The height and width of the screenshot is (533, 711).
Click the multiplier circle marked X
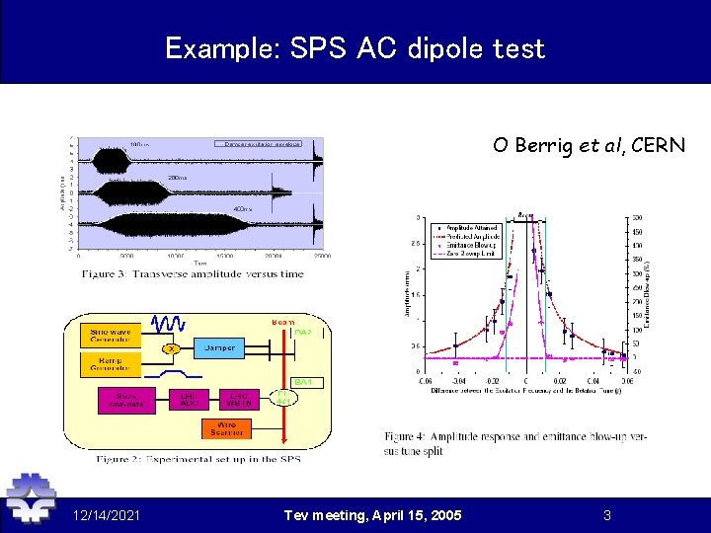(171, 347)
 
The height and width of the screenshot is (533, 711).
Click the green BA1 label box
(303, 381)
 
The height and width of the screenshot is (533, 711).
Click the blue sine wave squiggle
(169, 324)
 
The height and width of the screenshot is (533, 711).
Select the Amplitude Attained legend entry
(472, 228)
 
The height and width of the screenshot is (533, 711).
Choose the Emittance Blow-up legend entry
(472, 245)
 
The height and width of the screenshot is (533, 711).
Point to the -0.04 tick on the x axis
(458, 380)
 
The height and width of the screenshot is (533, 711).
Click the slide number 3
(607, 514)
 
